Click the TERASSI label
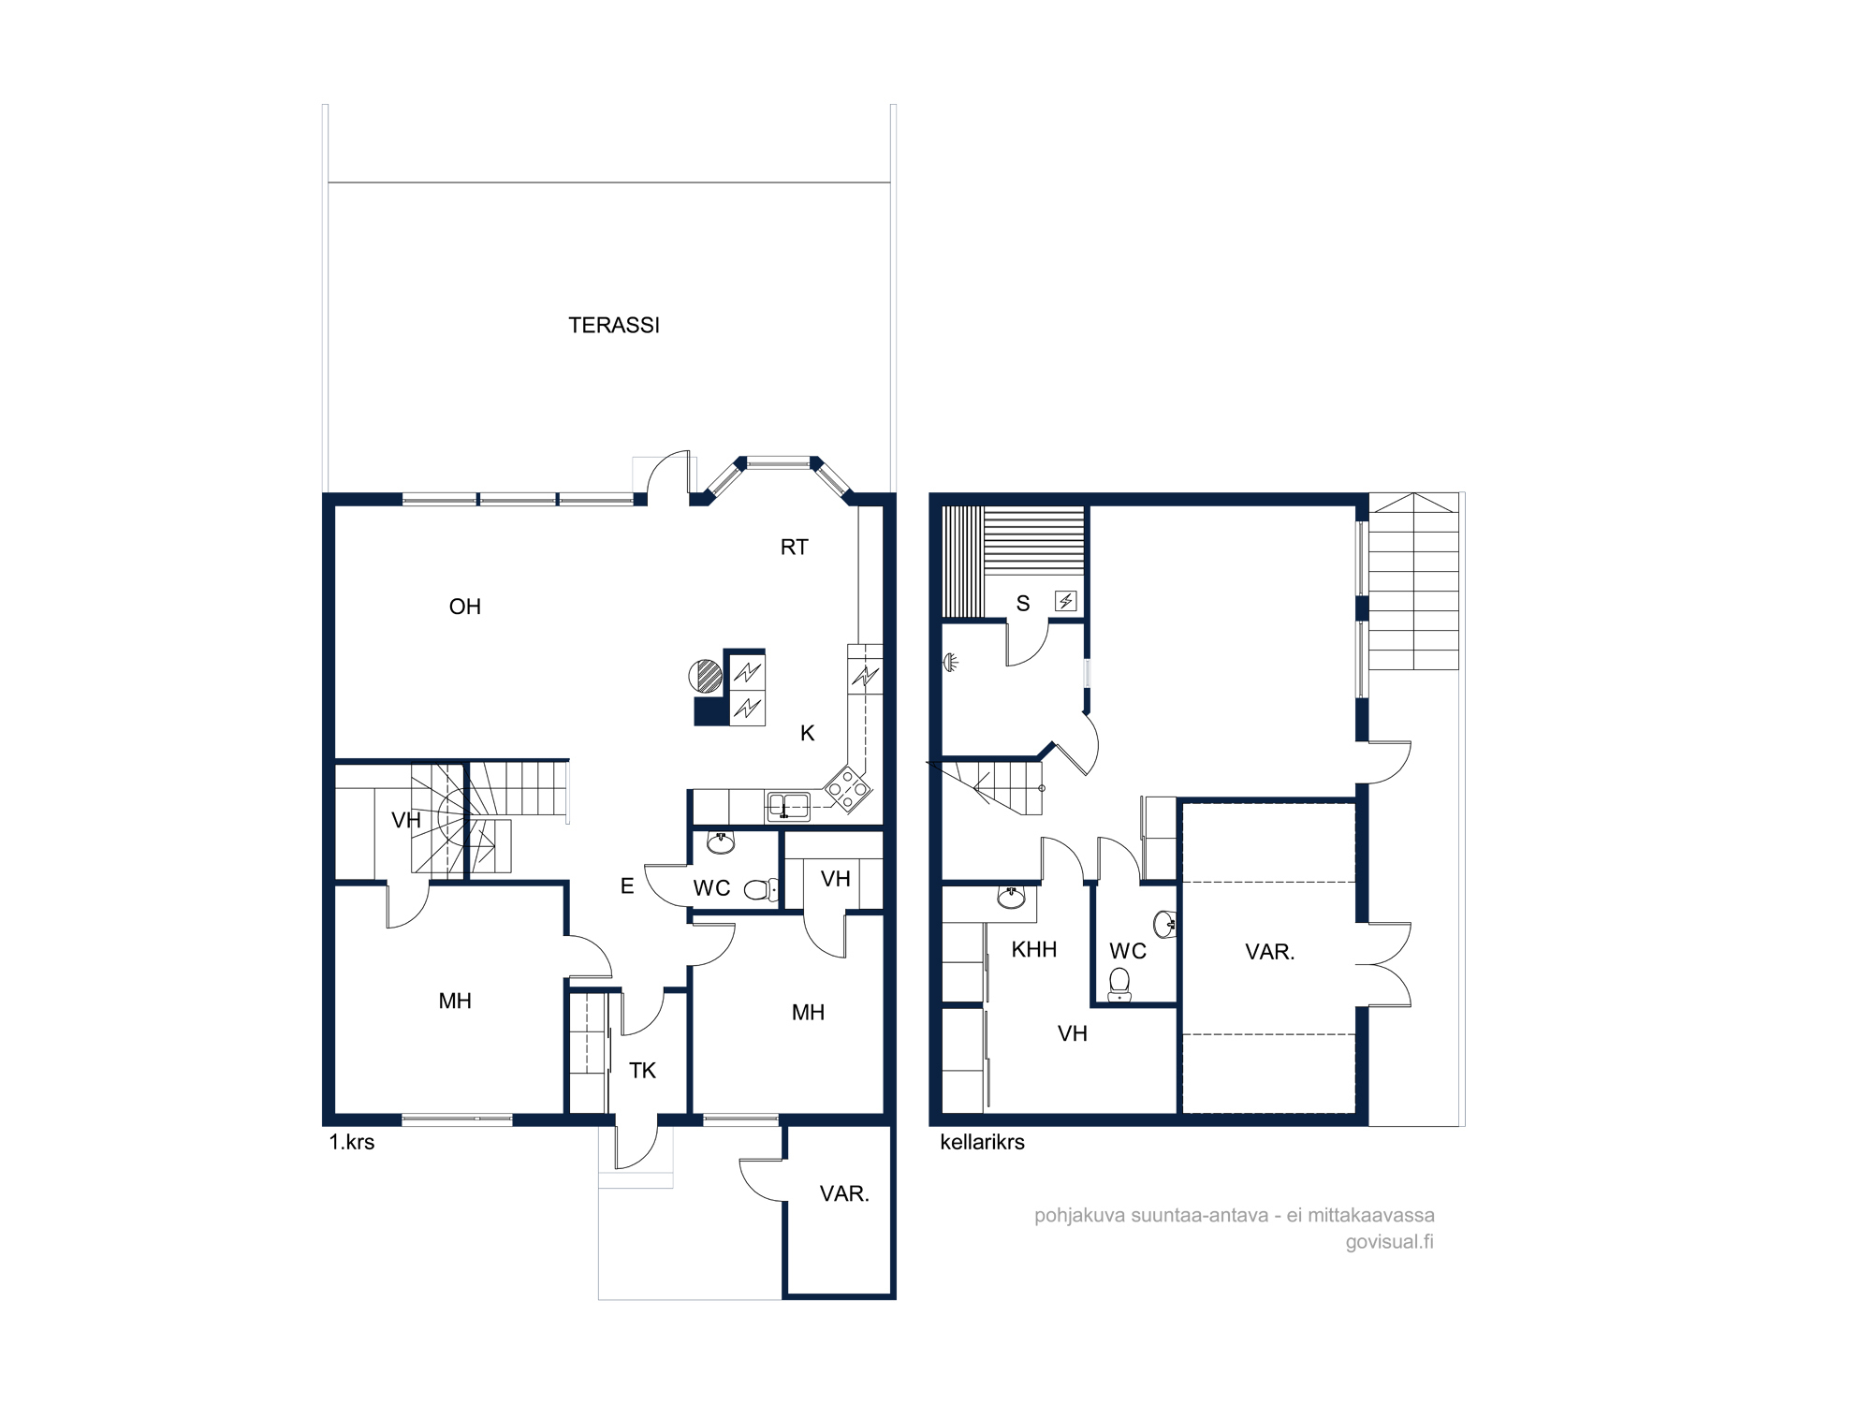click(x=614, y=325)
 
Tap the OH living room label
click(x=465, y=607)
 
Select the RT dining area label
click(x=794, y=548)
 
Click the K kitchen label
click(x=808, y=733)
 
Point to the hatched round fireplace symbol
click(x=706, y=676)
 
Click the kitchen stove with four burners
click(x=846, y=789)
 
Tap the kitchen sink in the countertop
click(x=788, y=805)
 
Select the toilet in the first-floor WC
click(x=761, y=889)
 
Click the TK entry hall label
click(x=642, y=1071)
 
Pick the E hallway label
click(x=627, y=885)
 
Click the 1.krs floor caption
click(x=352, y=1142)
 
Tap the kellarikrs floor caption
click(x=982, y=1142)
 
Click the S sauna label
click(x=1023, y=604)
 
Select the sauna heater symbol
click(x=1066, y=601)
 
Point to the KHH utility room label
click(x=1034, y=949)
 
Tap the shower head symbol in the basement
click(x=952, y=663)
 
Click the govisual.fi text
click(x=1390, y=1242)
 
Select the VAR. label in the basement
click(x=1270, y=952)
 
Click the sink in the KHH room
click(x=1011, y=898)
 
